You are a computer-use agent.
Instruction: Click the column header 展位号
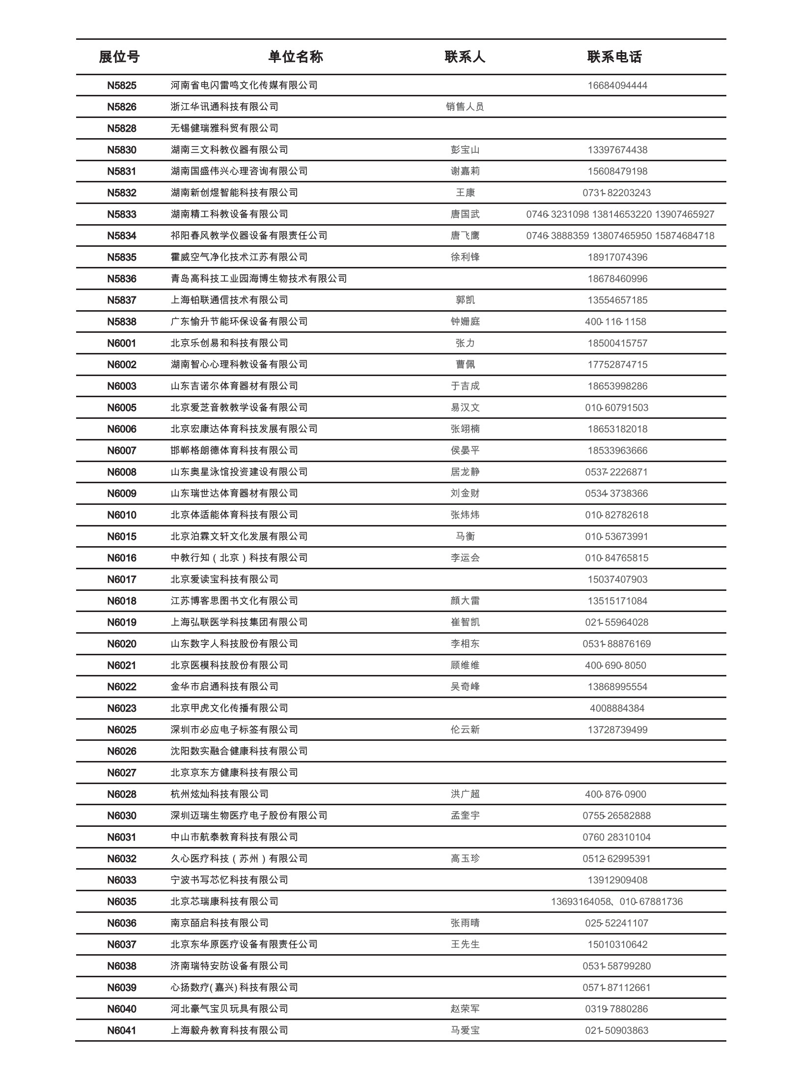coord(119,57)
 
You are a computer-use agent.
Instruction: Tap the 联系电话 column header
coord(614,57)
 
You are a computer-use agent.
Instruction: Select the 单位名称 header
coord(296,57)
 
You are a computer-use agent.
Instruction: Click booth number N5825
coord(122,86)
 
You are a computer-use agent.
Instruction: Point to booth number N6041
coord(122,1030)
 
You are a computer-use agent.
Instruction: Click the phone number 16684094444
coord(617,86)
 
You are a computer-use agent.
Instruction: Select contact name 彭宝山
coord(465,150)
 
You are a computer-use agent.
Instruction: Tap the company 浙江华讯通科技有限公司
coord(224,107)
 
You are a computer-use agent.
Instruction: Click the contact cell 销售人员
coord(465,107)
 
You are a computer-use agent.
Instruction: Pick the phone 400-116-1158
coord(616,322)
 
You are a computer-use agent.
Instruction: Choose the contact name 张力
coord(465,343)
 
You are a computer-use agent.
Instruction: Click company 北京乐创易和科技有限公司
coord(229,343)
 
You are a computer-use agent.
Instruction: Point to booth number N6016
coord(122,558)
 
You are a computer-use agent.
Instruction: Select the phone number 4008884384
coord(617,708)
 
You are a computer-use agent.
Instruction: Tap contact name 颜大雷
coord(465,601)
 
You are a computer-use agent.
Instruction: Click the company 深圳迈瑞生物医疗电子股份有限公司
coord(249,816)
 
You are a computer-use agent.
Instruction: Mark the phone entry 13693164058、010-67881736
coord(617,902)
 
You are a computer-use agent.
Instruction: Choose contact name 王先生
coord(465,944)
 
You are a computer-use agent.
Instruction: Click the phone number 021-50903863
coord(617,1030)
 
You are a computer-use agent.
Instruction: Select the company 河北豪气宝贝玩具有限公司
coord(229,1009)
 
